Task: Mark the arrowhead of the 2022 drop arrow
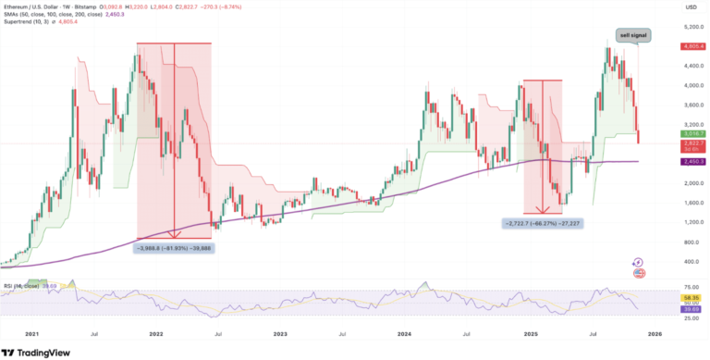pyautogui.click(x=175, y=236)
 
